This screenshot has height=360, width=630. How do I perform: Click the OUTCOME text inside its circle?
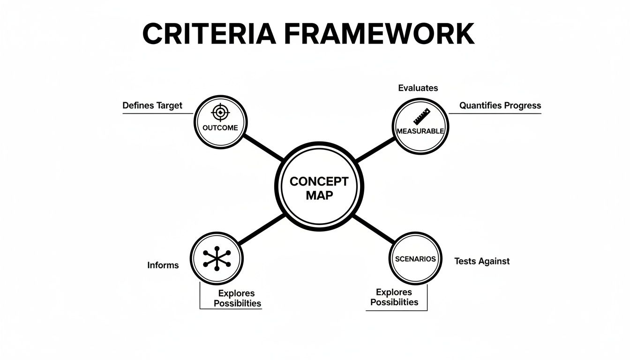click(x=220, y=127)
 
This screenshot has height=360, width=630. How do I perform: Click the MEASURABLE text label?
click(x=420, y=131)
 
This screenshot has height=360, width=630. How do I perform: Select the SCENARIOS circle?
click(x=415, y=259)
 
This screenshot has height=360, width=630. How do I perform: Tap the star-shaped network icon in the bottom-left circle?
click(x=217, y=258)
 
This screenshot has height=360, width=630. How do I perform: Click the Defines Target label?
click(x=152, y=105)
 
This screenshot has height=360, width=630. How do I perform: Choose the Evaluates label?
click(x=418, y=88)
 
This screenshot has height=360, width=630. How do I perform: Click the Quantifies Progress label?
click(x=500, y=105)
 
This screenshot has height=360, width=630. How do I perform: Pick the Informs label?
click(x=163, y=265)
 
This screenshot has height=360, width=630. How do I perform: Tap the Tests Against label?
click(x=481, y=261)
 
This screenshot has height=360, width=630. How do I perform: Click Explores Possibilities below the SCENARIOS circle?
click(x=394, y=297)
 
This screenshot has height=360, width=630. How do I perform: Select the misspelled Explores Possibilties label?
click(x=237, y=299)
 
